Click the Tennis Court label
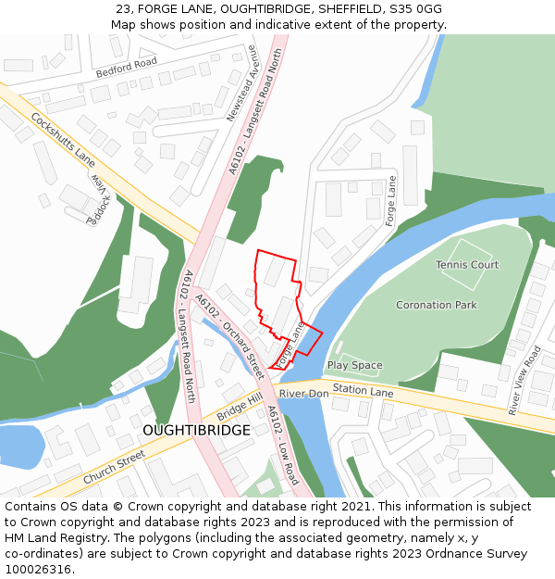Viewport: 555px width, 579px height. coord(467,265)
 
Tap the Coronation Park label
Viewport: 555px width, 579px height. coord(436,305)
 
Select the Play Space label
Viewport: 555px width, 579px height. coord(354,366)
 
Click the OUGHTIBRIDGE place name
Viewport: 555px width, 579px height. coord(196,431)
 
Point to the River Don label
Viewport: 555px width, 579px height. coord(304,394)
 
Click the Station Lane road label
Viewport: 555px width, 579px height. coord(364,392)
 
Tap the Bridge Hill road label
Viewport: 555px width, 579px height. coord(240,402)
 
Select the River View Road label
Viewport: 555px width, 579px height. coord(524,380)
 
